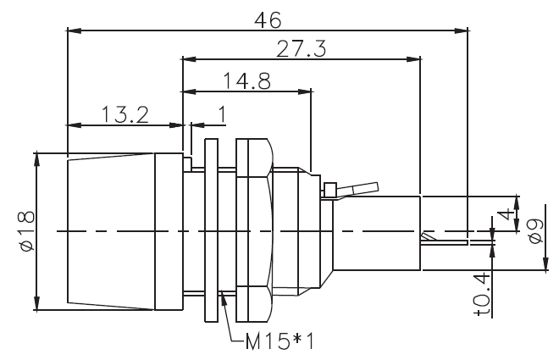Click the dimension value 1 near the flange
pyautogui.click(x=221, y=113)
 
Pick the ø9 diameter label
pyautogui.click(x=535, y=230)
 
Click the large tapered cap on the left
pyautogui.click(x=114, y=231)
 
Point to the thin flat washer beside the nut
pyautogui.click(x=212, y=230)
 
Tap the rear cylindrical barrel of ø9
pyautogui.click(x=377, y=232)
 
